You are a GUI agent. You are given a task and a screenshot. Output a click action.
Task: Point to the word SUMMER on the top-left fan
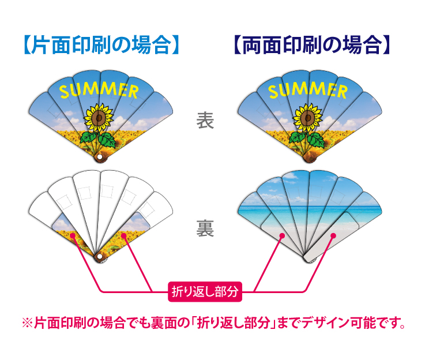point(99,90)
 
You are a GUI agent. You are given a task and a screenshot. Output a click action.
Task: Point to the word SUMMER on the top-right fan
point(308,90)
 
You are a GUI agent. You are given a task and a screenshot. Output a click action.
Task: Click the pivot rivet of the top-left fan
point(99,156)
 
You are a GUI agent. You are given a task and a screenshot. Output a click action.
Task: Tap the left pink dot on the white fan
point(73,235)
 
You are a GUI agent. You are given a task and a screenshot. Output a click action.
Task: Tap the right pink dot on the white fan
point(124,236)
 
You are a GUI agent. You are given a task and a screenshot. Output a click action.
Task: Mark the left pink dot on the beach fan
point(282,235)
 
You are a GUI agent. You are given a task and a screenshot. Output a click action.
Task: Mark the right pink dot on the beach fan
point(333,235)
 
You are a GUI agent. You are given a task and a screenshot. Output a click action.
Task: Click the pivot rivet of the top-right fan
point(309,156)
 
